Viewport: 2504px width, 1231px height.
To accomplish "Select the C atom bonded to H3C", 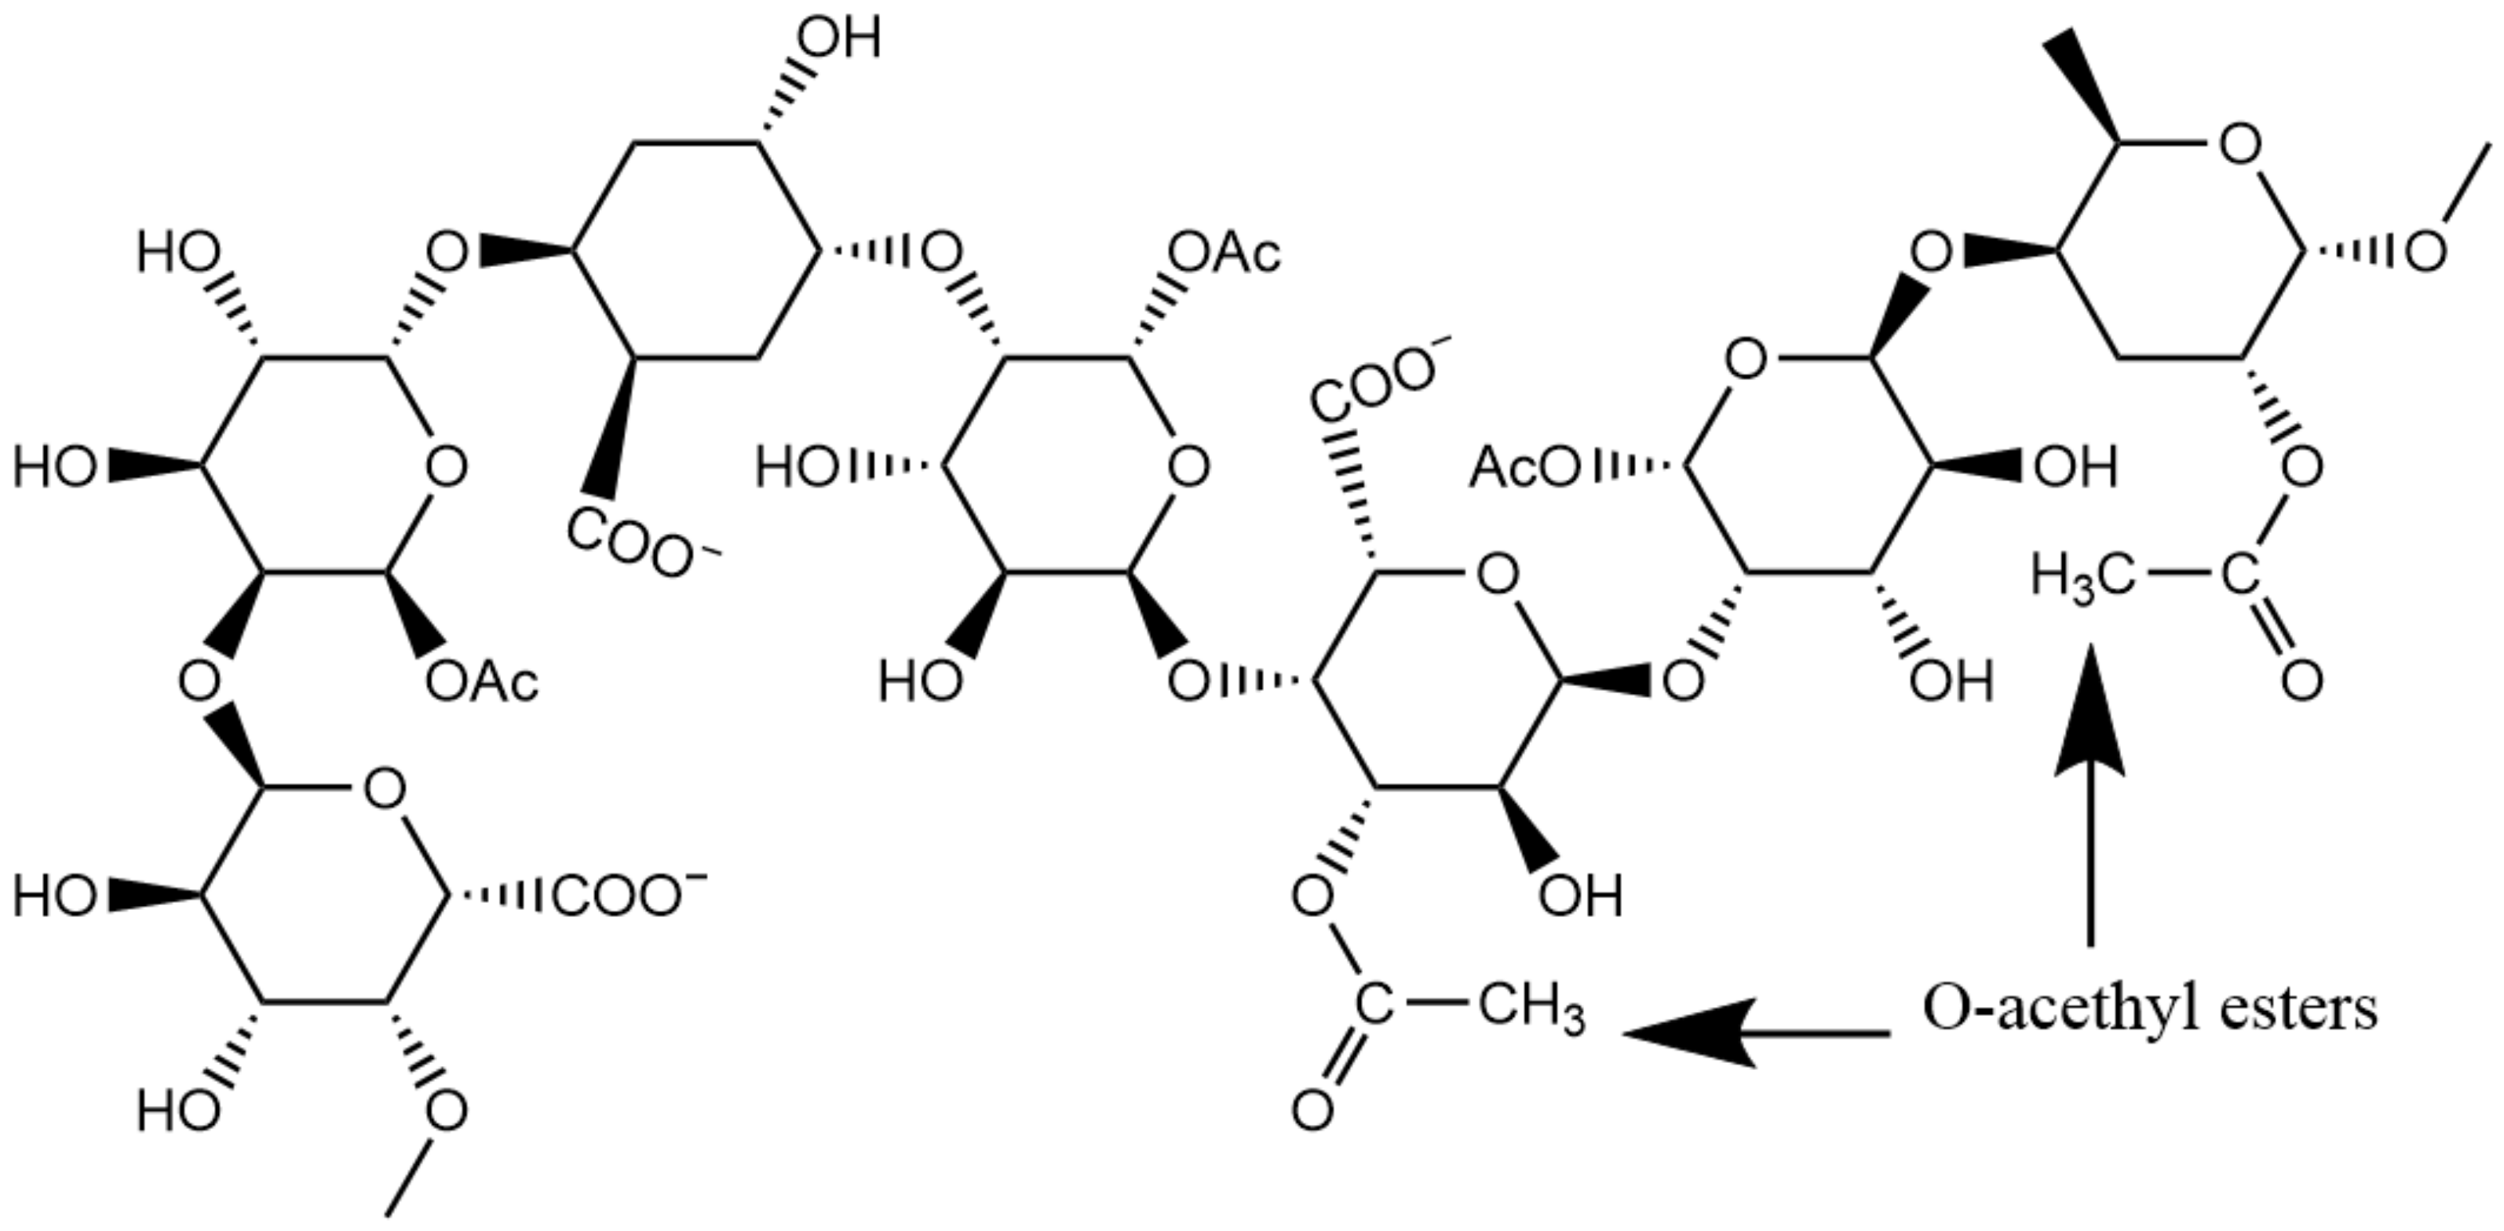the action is click(2240, 578).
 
